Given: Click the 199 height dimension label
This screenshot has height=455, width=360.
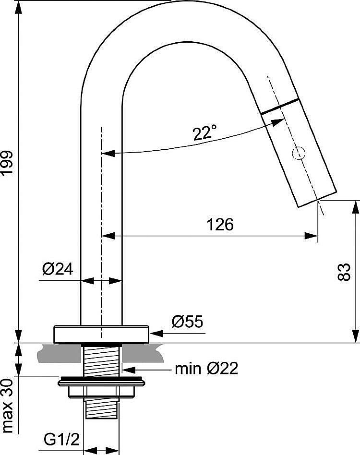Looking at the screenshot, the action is click(x=7, y=163).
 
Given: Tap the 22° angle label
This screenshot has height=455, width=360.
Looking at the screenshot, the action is click(x=204, y=133).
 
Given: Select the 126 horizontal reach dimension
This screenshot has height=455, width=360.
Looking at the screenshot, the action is click(x=220, y=224).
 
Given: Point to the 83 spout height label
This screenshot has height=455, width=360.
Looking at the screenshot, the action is click(x=344, y=272).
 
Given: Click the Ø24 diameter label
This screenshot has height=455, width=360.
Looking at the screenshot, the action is click(x=58, y=269).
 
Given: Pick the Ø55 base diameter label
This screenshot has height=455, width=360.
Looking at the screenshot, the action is click(x=187, y=322).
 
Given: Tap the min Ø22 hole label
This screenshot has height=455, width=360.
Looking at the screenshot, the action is click(x=206, y=369).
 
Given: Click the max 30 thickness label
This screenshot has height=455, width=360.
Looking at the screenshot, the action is click(x=8, y=406).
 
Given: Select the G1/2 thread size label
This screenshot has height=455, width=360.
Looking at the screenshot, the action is click(x=61, y=440).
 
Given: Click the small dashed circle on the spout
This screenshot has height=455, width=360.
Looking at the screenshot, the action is click(x=299, y=153).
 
